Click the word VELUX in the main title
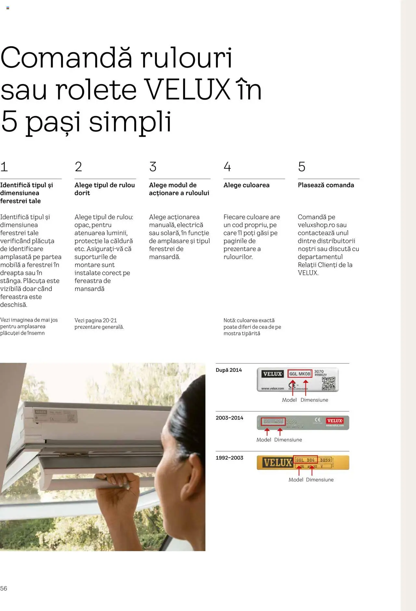pos(187,90)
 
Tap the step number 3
pos(153,167)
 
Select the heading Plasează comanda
pos(326,185)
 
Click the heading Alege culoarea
pos(246,185)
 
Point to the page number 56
pos(4,588)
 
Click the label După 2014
pos(228,370)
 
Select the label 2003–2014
pos(229,418)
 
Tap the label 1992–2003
pos(229,458)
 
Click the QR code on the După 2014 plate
pos(328,383)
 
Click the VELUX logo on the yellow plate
pos(277,463)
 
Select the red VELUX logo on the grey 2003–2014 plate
pos(334,421)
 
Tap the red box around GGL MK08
pos(300,374)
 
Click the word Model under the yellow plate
pos(295,479)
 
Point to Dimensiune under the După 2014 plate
pos(314,400)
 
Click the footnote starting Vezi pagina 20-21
pos(99,324)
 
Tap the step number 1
pos(4,167)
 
